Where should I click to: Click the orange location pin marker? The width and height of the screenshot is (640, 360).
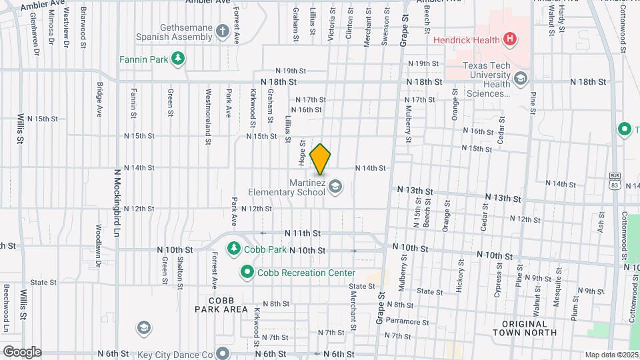point(321,159)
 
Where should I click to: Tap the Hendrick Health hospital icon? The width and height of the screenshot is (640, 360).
point(510,39)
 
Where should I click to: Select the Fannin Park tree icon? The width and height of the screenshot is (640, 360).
point(177,59)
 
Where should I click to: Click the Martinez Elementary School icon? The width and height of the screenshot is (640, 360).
point(335,187)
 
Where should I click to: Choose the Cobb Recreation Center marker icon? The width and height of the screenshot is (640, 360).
point(247,273)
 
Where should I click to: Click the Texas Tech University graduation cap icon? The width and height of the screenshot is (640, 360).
point(520,81)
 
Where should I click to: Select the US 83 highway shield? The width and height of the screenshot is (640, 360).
point(614,181)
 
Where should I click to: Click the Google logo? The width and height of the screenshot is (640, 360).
point(21,352)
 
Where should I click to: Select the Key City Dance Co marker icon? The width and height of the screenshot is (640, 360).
point(223,353)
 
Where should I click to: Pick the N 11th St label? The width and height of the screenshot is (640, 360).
point(303,233)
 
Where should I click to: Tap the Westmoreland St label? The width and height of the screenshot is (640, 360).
point(208,117)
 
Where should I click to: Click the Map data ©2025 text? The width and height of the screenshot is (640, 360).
point(611,355)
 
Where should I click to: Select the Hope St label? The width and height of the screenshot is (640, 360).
point(302,153)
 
